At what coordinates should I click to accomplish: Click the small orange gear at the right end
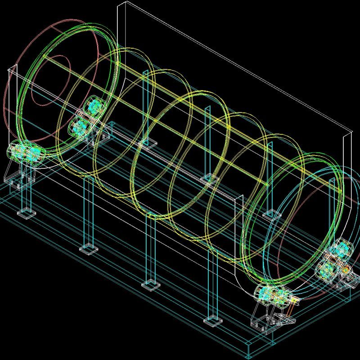tap(346, 270)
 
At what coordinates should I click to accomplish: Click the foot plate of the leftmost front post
tap(26, 212)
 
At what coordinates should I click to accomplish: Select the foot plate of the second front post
tap(89, 248)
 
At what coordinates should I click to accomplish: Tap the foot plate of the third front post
tap(151, 284)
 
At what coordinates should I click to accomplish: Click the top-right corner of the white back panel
tap(351, 132)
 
